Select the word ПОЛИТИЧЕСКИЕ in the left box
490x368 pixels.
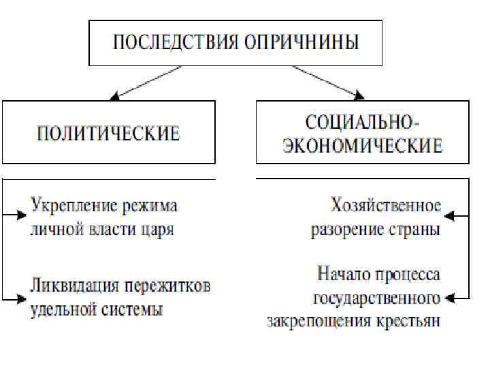point(108,132)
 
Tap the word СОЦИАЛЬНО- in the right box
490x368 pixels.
point(363,123)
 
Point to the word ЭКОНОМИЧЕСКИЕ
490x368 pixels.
point(363,145)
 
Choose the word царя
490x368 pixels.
point(157,228)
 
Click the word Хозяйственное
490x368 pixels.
point(386,205)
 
